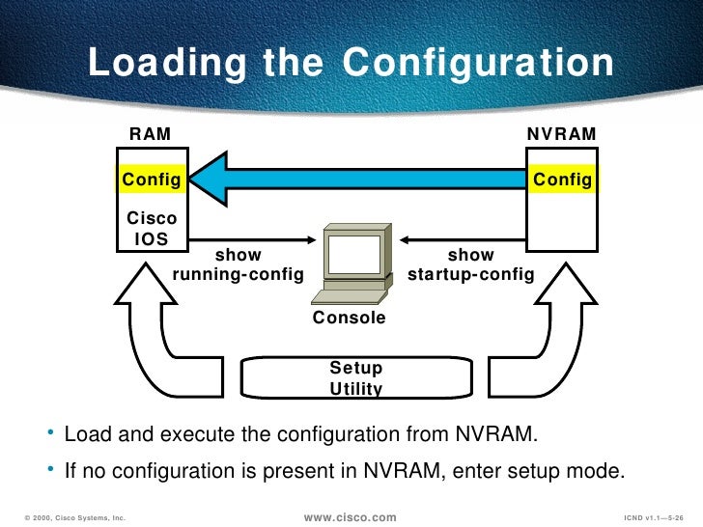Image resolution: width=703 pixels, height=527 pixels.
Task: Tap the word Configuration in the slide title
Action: coord(479,64)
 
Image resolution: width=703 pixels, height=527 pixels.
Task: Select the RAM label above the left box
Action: coord(151,134)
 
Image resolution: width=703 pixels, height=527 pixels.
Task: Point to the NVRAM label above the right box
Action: coord(561,134)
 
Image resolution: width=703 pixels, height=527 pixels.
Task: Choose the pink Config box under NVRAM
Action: coord(562,179)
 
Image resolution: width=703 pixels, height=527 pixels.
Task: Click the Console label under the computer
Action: coord(350,318)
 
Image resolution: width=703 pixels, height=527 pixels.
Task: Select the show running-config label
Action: coord(238,265)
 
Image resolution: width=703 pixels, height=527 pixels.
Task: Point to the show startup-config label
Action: coord(471,265)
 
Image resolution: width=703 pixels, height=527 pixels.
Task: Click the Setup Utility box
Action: coord(356,378)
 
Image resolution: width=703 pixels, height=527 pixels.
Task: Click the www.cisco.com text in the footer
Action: coord(350,518)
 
